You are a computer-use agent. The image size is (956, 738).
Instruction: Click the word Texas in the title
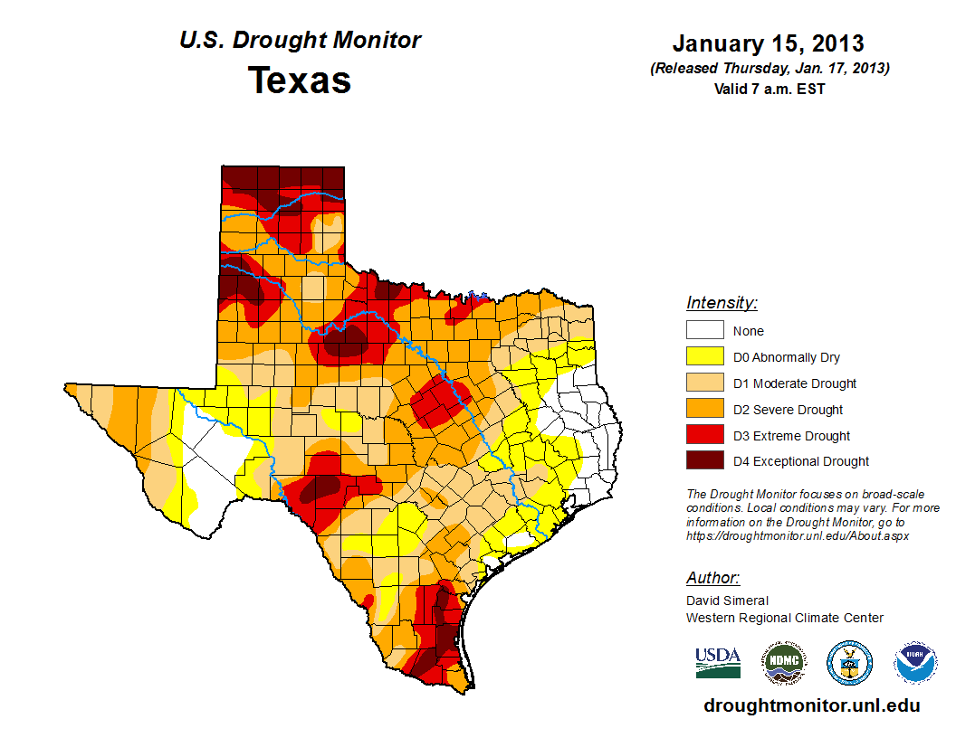click(x=300, y=80)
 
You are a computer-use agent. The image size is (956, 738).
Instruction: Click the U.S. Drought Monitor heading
click(x=300, y=41)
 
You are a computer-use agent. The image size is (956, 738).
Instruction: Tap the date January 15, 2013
click(x=768, y=43)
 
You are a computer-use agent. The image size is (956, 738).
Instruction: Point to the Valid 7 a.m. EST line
click(x=769, y=89)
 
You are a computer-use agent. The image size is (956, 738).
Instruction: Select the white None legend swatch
click(x=704, y=331)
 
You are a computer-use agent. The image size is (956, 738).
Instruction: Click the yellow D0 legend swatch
click(x=704, y=357)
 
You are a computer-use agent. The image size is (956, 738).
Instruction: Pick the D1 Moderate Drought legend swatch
click(x=704, y=383)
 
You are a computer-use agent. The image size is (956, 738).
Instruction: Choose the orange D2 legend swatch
click(x=704, y=410)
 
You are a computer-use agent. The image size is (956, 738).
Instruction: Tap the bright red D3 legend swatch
click(x=704, y=436)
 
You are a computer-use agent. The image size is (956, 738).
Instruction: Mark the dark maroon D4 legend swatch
click(x=704, y=461)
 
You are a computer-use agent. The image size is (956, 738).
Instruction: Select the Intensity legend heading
click(x=722, y=303)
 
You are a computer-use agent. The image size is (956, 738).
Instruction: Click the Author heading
click(x=712, y=578)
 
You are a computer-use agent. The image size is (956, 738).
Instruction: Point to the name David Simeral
click(x=727, y=601)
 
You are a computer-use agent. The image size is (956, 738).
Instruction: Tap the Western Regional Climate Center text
click(x=784, y=618)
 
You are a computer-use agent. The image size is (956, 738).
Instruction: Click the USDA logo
click(x=718, y=662)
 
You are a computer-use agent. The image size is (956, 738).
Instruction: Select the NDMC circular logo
click(x=784, y=663)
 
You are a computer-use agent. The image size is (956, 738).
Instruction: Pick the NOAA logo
click(x=915, y=663)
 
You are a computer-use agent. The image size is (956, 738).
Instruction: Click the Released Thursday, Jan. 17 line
click(x=769, y=69)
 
